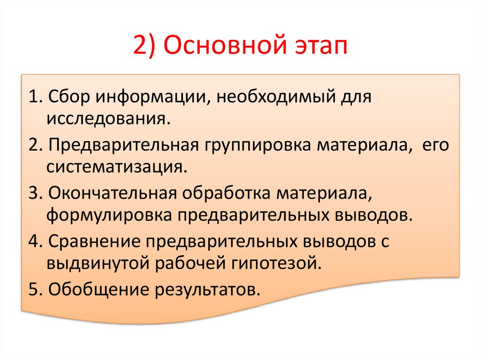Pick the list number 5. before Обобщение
pyautogui.click(x=35, y=288)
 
